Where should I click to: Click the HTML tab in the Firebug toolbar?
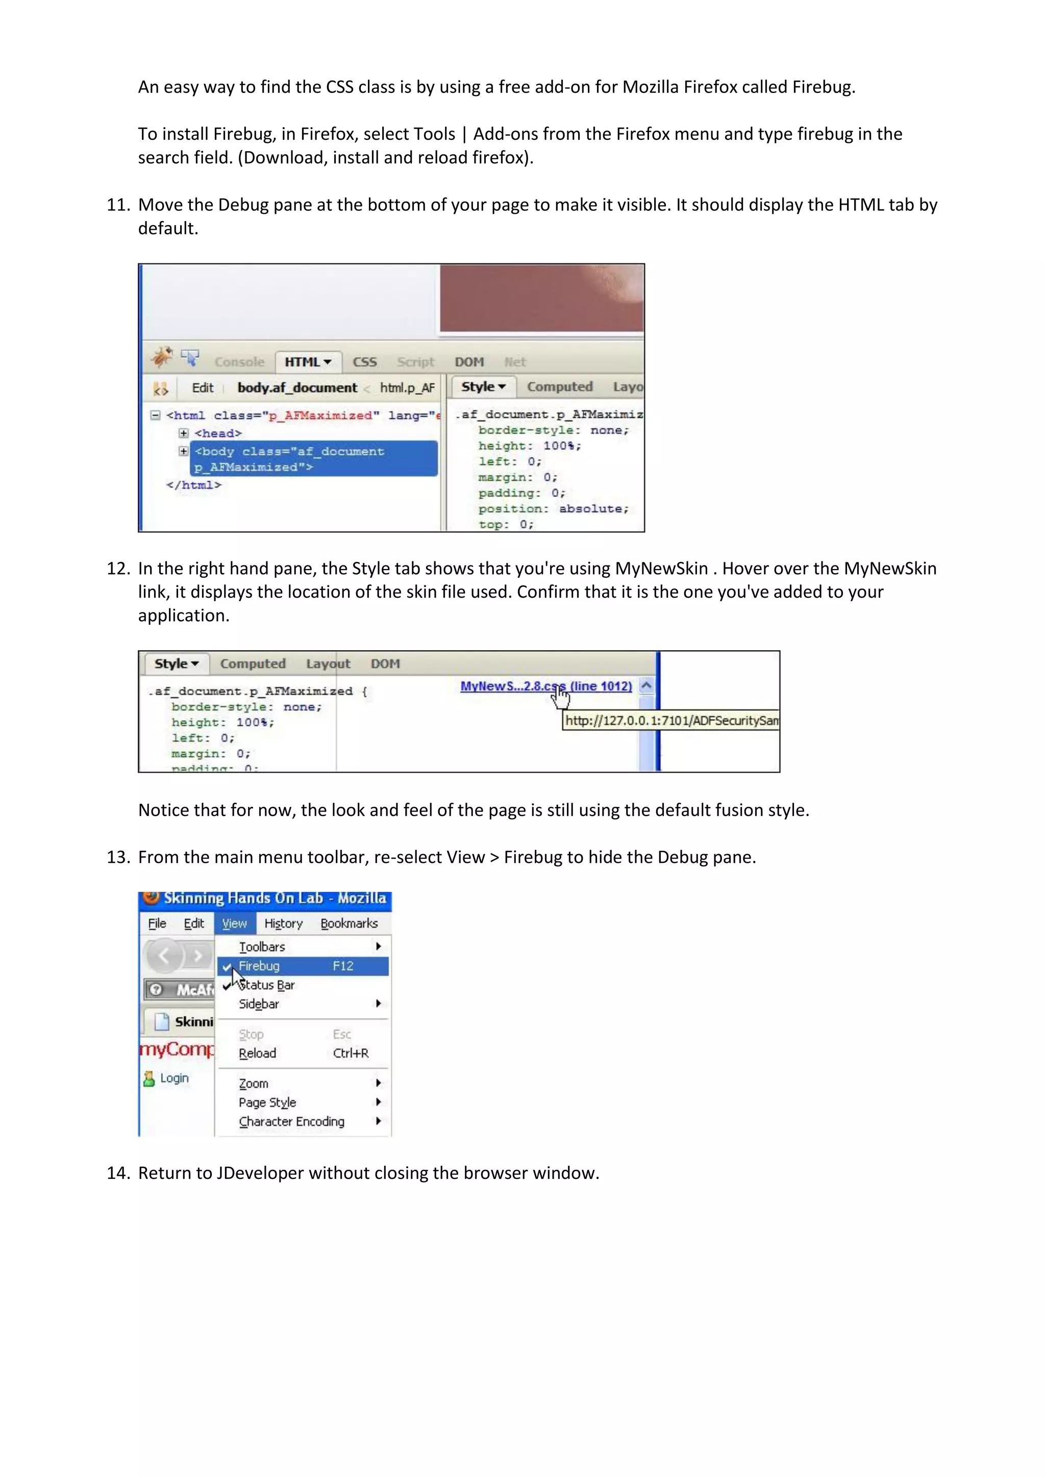(308, 362)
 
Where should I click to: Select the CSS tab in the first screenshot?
(364, 362)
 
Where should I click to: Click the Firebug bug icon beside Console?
(162, 357)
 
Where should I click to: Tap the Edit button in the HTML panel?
(202, 387)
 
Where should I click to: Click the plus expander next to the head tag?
(183, 433)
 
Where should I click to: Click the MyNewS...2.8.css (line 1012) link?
(545, 686)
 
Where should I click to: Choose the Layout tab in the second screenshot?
(328, 663)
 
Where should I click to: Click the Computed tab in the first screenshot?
(559, 387)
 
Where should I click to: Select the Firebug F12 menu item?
(303, 966)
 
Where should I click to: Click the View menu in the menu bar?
(234, 924)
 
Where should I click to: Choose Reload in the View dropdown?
(257, 1054)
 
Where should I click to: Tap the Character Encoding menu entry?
(291, 1121)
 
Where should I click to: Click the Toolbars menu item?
(262, 947)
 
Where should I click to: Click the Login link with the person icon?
(173, 1078)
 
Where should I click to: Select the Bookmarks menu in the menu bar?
(349, 924)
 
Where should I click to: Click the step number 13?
(118, 857)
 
